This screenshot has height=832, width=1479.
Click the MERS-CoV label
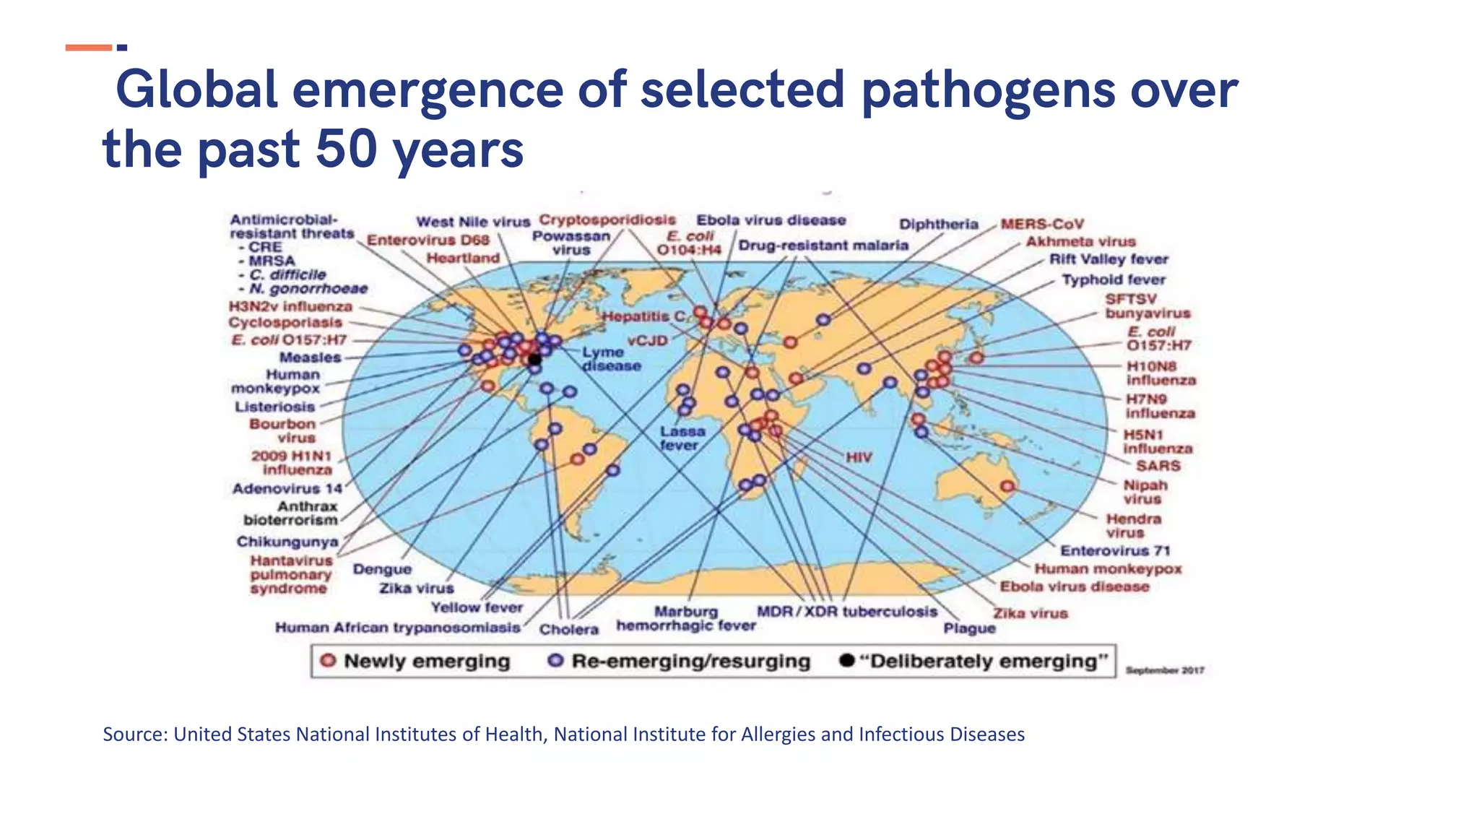coord(1041,224)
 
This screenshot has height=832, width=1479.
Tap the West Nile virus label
coord(473,222)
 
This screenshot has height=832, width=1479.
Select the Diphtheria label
coord(938,224)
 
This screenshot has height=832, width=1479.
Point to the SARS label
coord(1158,466)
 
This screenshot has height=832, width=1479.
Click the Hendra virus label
coord(1133,526)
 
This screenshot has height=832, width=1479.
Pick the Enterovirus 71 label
coord(1115,550)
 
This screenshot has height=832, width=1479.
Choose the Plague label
coord(969,628)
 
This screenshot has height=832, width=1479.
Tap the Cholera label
coord(568,629)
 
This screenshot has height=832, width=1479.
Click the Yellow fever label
coord(477,607)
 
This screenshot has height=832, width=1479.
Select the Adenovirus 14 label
coord(287,489)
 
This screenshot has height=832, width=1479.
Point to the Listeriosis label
coord(274,407)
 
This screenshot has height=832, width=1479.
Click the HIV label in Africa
coord(859,457)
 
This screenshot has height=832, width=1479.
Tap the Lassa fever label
coord(682,438)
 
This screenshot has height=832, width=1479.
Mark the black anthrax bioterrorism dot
coord(534,359)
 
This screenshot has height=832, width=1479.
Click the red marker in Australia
coord(1007,487)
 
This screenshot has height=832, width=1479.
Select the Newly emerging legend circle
coord(328,661)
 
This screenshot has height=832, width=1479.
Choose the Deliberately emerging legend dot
coord(847,661)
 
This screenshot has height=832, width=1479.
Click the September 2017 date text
coord(1164,670)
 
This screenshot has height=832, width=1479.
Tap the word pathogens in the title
coord(989,90)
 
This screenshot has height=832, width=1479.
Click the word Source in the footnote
coord(135,734)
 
